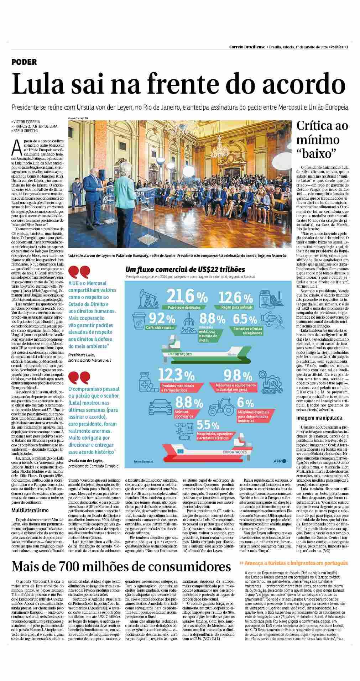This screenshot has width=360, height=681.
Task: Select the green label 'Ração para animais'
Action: click(237, 307)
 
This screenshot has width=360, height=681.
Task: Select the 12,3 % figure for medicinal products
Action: click(176, 375)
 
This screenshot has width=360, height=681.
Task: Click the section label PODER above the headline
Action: click(24, 62)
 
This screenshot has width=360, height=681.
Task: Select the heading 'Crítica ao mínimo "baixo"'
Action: click(322, 140)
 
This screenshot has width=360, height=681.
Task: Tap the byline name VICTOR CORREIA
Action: click(27, 122)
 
